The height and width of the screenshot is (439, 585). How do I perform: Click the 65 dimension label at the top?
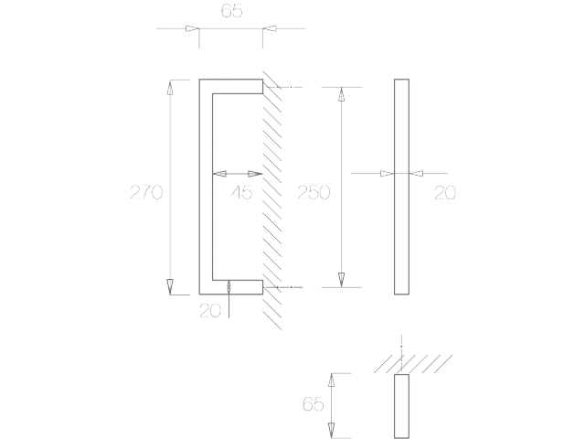click(x=231, y=10)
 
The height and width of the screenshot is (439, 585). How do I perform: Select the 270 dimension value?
click(x=146, y=192)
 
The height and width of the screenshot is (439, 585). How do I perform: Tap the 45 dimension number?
click(x=241, y=192)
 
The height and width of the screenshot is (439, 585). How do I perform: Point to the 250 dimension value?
click(x=314, y=192)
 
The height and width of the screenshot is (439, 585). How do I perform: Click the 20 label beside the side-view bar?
click(x=445, y=193)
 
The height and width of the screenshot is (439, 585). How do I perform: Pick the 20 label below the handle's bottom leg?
click(x=210, y=310)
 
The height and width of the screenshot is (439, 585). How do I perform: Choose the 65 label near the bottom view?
click(x=313, y=404)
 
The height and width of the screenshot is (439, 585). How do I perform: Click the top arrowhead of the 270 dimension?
click(x=170, y=88)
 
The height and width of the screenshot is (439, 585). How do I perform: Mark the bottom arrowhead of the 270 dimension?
click(x=170, y=286)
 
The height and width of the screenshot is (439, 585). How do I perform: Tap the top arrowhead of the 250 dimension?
click(x=341, y=94)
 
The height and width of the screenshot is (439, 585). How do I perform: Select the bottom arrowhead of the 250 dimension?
click(x=341, y=280)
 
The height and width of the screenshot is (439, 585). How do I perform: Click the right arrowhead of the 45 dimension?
click(x=255, y=174)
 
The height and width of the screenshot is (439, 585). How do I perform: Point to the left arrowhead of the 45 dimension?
click(x=219, y=174)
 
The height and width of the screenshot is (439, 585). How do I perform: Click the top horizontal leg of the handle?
click(x=231, y=86)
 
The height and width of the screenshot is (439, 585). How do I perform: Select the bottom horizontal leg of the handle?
click(x=231, y=287)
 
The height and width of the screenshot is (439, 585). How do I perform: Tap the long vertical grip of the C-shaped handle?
click(x=206, y=187)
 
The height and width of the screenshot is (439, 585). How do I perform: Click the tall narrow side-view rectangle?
click(x=402, y=187)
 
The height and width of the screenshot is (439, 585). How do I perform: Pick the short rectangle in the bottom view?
click(x=402, y=406)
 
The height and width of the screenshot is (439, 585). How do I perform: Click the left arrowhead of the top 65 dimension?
click(x=193, y=28)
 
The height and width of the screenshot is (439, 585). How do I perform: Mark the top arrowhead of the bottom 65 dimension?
click(x=331, y=380)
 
